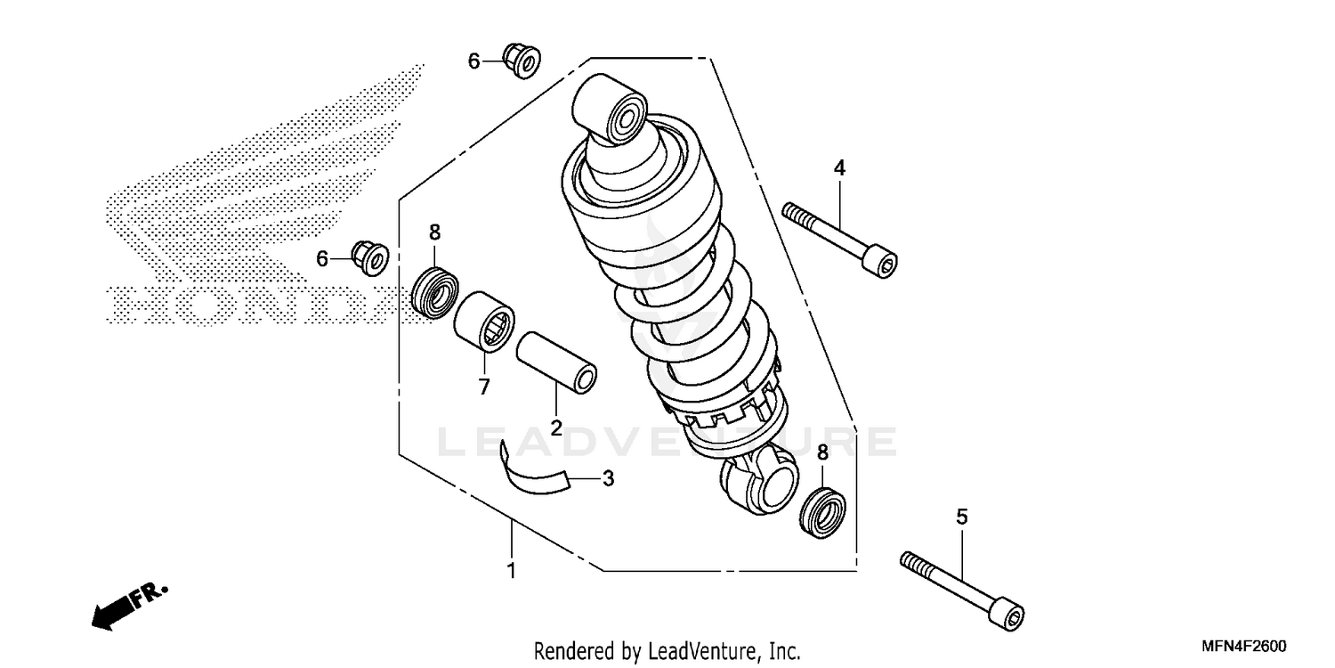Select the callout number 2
click(x=555, y=428)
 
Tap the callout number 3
click(x=608, y=478)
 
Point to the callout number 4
click(x=839, y=167)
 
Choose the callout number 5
click(x=961, y=517)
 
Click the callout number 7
click(x=484, y=387)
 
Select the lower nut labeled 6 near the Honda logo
click(x=370, y=257)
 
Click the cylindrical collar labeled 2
click(x=556, y=360)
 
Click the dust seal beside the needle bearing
click(x=436, y=289)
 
